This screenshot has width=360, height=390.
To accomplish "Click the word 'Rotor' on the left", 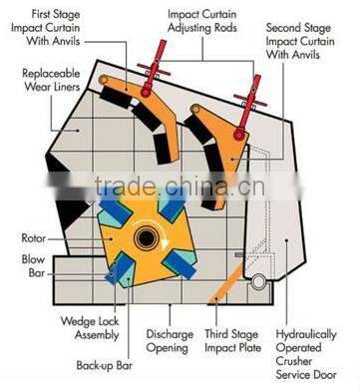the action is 36,238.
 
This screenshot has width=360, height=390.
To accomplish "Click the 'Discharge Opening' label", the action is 170,341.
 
